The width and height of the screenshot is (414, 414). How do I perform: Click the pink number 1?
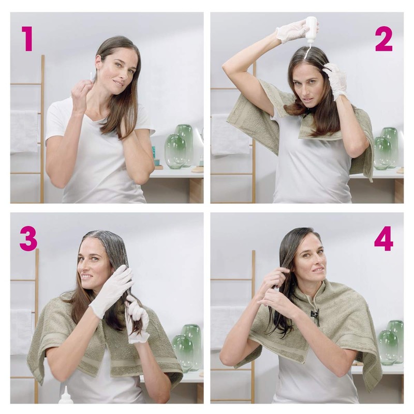tap(27, 39)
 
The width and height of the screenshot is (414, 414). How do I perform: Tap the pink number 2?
tap(383, 39)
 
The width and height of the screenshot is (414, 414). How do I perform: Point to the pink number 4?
tap(383, 239)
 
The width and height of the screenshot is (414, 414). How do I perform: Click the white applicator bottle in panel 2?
tap(311, 30)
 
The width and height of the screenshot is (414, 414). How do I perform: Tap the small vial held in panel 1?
tap(92, 76)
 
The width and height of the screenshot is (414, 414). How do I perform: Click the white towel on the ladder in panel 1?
tap(24, 131)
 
